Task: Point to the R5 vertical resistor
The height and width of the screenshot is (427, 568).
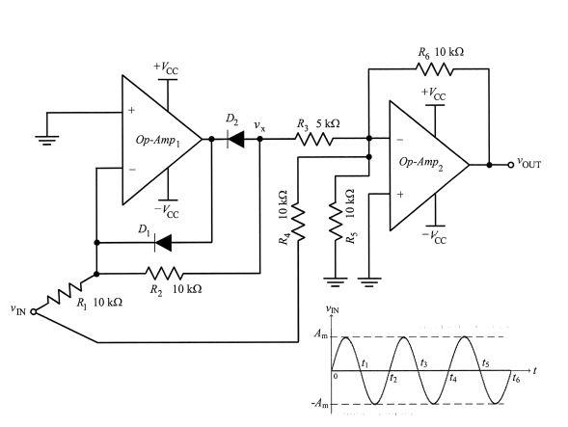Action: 334,224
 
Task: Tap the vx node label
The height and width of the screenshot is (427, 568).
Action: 259,124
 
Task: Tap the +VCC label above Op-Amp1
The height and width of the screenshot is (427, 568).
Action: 165,67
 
